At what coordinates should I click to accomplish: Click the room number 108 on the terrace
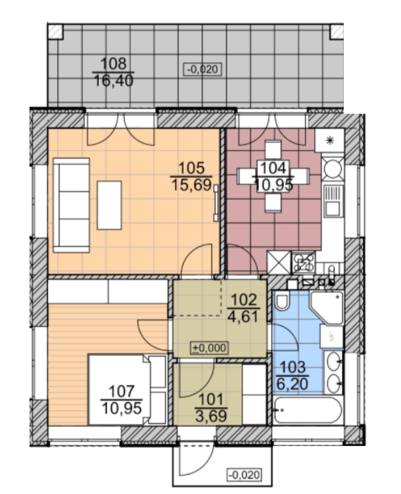pos(114,63)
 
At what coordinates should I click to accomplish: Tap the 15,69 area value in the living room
pos(192,185)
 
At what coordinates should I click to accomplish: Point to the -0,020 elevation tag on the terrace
pos(203,69)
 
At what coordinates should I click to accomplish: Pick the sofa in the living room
pos(71,205)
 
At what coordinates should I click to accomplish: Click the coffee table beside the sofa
pos(109,205)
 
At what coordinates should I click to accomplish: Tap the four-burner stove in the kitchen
pos(304,263)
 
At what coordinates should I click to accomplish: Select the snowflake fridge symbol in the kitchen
pos(330,140)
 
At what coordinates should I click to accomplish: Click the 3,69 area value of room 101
pos(211,416)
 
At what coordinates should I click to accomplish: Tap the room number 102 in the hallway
pos(244,300)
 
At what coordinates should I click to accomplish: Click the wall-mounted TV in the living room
pos(216,203)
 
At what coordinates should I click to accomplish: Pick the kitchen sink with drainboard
pos(334,201)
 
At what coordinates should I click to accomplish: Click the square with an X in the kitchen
pos(279,263)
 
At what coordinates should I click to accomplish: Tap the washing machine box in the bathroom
pos(332,337)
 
